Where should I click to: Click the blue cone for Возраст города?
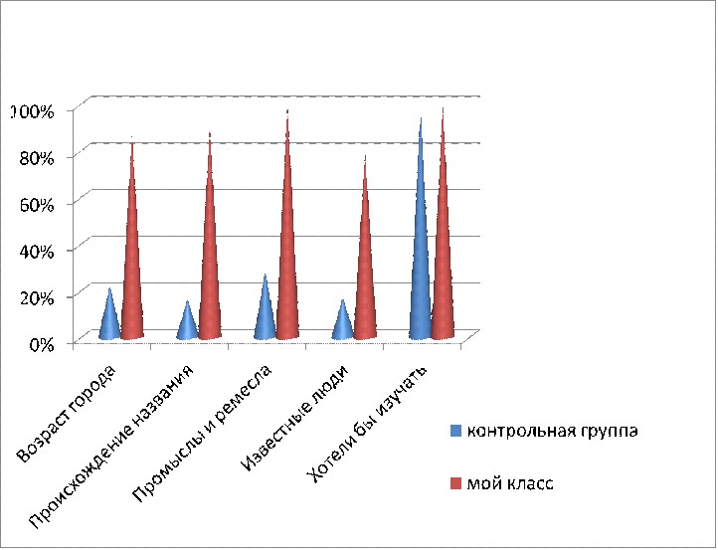109,320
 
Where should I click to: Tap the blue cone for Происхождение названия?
187,325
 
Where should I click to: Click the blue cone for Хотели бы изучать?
421,257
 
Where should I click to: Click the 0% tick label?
41,344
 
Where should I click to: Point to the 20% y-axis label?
37,297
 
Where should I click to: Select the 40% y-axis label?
37,251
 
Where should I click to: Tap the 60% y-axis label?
37,204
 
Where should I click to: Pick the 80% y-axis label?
37,158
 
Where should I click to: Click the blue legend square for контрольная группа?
455,431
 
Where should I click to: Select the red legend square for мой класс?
455,483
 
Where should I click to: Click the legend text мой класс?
510,483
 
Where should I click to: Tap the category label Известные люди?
295,418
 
